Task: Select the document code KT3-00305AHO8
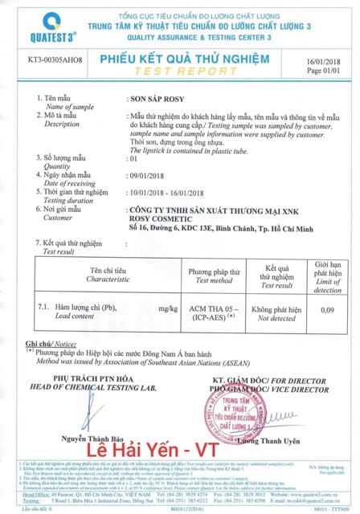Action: [55, 60]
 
